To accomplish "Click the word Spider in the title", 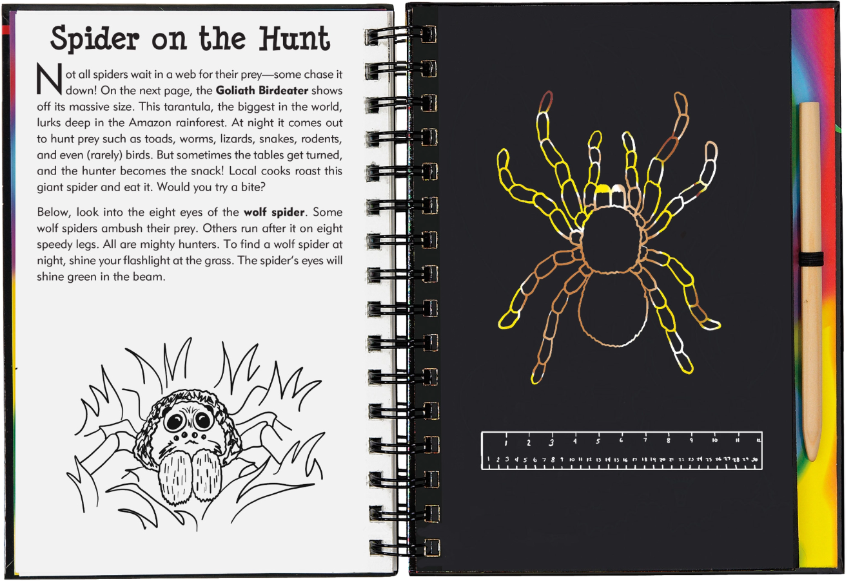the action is [x=95, y=39].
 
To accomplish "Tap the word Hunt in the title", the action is [x=295, y=39].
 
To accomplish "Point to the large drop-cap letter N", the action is [x=50, y=79].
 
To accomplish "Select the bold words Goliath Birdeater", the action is [x=262, y=91].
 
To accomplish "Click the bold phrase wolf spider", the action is [x=274, y=212].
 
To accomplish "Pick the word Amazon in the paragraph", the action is [x=150, y=122].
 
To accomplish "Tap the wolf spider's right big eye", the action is [x=204, y=420].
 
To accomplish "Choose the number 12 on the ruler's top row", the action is [x=759, y=440].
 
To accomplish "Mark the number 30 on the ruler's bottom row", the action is [x=754, y=460].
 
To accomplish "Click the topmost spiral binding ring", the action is [x=400, y=35].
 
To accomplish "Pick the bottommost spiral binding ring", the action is [x=404, y=548].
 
